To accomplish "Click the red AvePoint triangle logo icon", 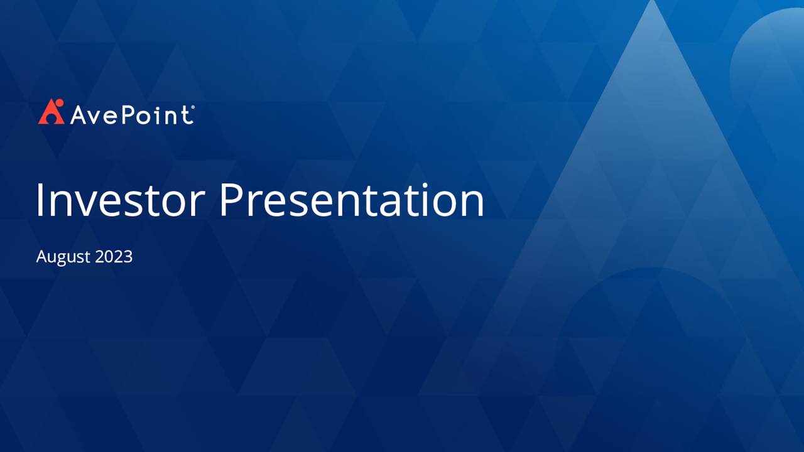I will (x=51, y=112).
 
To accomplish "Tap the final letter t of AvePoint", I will (x=187, y=115).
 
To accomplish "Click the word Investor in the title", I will (x=120, y=200).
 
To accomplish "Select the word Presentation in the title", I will (x=351, y=200).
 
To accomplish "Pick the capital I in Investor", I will (x=40, y=200).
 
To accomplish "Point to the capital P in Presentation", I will (x=231, y=200).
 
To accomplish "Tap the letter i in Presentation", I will (x=426, y=200).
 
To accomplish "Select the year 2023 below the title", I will (x=114, y=256).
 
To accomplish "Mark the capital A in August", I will (x=41, y=256).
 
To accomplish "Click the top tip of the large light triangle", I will (x=652, y=3).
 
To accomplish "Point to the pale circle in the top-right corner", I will (x=773, y=56).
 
